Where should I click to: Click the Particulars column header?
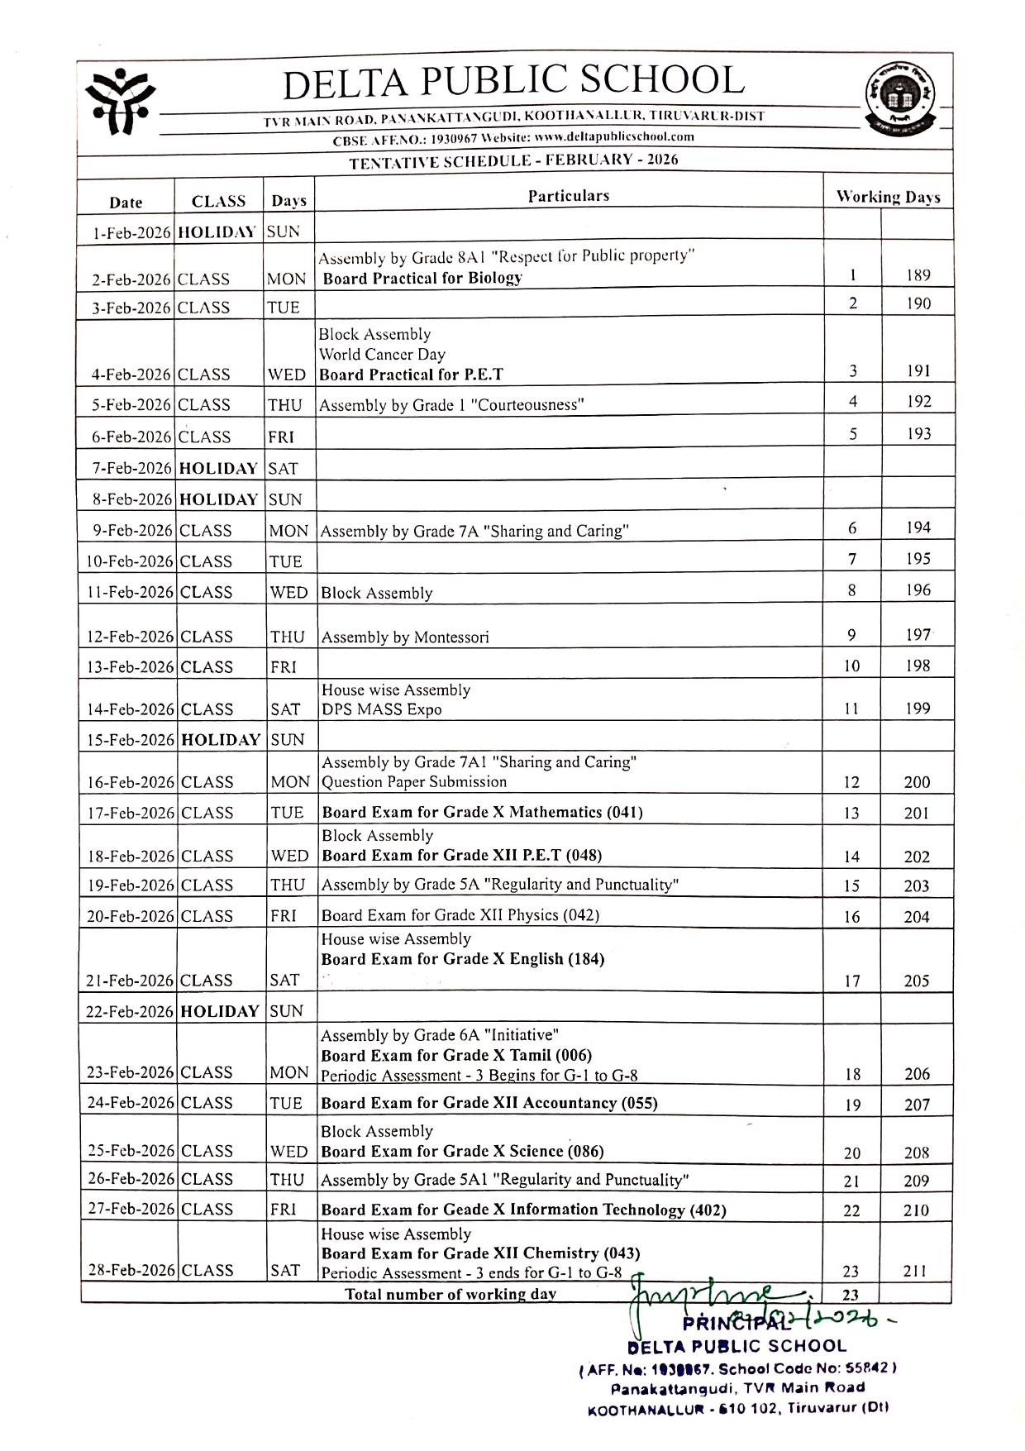568,196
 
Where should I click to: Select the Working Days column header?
888,197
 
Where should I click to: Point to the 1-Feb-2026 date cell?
131,232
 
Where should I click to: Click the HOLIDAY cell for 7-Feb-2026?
218,469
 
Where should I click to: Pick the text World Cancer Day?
382,355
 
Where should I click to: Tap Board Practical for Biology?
422,279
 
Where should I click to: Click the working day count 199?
918,709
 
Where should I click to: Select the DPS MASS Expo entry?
381,709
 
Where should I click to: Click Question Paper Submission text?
413,782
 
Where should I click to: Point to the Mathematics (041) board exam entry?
482,812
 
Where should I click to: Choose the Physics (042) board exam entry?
460,915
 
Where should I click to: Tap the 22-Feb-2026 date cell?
130,1011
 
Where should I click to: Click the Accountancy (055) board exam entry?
489,1103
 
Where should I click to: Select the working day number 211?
915,1271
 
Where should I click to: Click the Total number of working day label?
450,1295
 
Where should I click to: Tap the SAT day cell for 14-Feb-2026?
285,709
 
